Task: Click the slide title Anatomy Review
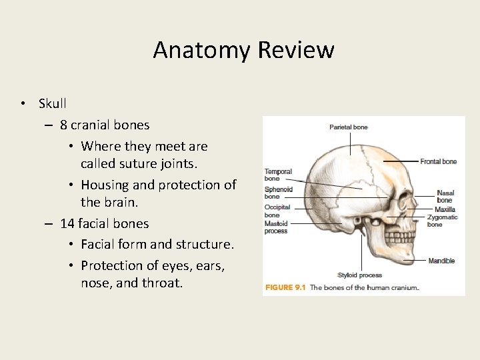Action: click(x=243, y=50)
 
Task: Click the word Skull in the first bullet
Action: click(x=53, y=103)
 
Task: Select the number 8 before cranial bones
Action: click(x=63, y=125)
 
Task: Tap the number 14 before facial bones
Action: click(x=67, y=223)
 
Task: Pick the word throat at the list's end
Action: click(x=164, y=283)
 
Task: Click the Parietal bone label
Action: click(x=348, y=127)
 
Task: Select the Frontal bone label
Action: click(x=438, y=161)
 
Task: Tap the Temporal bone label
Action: click(x=278, y=175)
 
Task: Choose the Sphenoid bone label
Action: click(x=278, y=193)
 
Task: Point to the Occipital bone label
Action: click(x=277, y=211)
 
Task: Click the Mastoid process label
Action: click(x=277, y=227)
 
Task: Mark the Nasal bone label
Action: click(x=445, y=197)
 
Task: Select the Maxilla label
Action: click(x=445, y=209)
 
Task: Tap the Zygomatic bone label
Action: click(x=442, y=221)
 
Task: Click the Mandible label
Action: click(x=441, y=261)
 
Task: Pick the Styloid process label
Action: click(x=360, y=275)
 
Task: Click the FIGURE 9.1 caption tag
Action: click(x=286, y=288)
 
